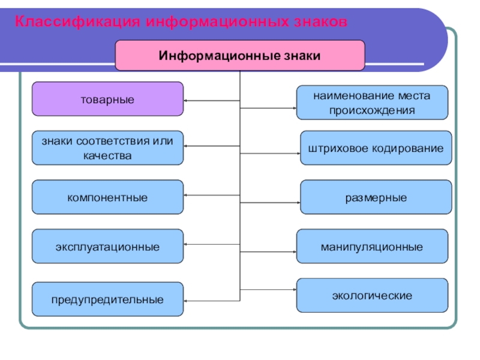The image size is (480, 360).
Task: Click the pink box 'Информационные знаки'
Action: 239,56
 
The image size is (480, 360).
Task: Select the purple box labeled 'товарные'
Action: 107,99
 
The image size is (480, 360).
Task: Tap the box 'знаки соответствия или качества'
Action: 107,148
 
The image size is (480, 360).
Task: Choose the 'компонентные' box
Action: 107,197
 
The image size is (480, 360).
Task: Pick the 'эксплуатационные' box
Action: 107,247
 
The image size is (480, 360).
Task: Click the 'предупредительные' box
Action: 107,299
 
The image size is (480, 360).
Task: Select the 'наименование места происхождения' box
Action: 372,103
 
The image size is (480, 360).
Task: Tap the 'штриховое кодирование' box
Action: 376,148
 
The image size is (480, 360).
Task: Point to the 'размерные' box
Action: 376,197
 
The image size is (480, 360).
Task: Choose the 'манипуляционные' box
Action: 372,247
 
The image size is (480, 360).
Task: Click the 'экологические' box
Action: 372,296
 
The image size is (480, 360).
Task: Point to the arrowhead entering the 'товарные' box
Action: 187,100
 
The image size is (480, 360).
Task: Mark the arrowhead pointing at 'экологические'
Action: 294,288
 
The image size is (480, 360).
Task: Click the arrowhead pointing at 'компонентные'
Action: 187,195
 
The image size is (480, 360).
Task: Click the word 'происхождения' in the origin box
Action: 372,110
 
